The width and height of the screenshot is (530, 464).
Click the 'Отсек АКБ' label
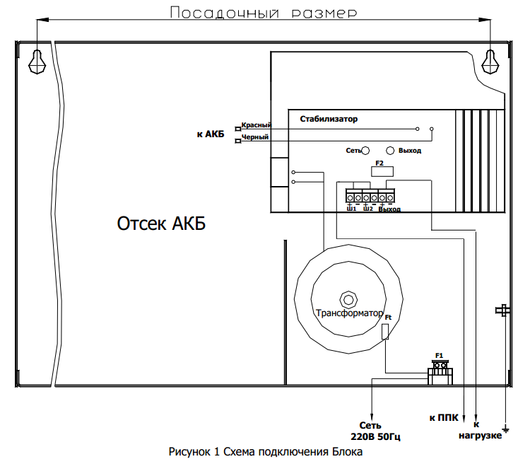tap(161, 224)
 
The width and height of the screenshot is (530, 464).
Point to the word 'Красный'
tap(257, 124)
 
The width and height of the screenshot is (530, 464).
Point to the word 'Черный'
tap(255, 137)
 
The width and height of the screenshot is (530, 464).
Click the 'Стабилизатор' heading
tap(329, 119)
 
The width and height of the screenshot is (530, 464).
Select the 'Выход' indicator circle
tap(390, 151)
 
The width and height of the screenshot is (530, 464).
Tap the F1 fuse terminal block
tap(440, 371)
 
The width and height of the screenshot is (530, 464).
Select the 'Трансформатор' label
tap(349, 313)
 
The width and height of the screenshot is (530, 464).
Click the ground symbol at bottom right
tap(505, 427)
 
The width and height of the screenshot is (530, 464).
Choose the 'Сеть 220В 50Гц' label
tap(371, 430)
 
